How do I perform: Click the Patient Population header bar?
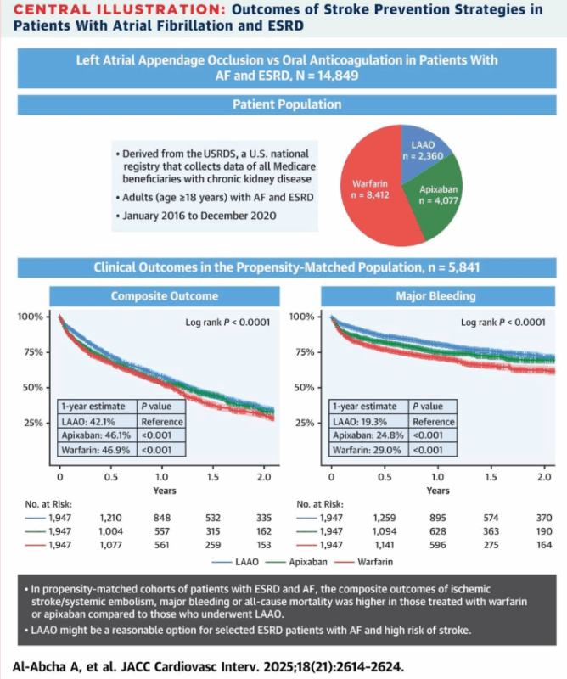283,105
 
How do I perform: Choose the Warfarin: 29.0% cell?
368,450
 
